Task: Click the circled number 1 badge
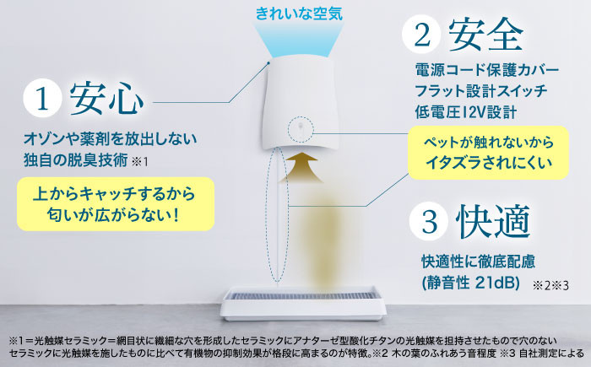pyautogui.click(x=42, y=98)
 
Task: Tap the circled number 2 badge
pyautogui.click(x=421, y=35)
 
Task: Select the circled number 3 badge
pyautogui.click(x=429, y=221)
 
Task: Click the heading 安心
pyautogui.click(x=106, y=99)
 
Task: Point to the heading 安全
pyautogui.click(x=485, y=35)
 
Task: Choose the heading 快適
pyautogui.click(x=493, y=222)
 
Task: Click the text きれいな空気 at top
pyautogui.click(x=299, y=13)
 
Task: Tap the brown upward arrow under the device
pyautogui.click(x=301, y=167)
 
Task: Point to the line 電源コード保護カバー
pyautogui.click(x=486, y=70)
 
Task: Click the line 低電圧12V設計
pyautogui.click(x=465, y=112)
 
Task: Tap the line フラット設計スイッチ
pyautogui.click(x=481, y=91)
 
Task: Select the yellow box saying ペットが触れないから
pyautogui.click(x=488, y=153)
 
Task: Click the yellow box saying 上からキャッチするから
pyautogui.click(x=116, y=204)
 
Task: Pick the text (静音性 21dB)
pyautogui.click(x=471, y=283)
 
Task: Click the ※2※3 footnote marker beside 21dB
pyautogui.click(x=550, y=286)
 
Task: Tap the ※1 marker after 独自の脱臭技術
pyautogui.click(x=140, y=162)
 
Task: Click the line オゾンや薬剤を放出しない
pyautogui.click(x=110, y=139)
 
